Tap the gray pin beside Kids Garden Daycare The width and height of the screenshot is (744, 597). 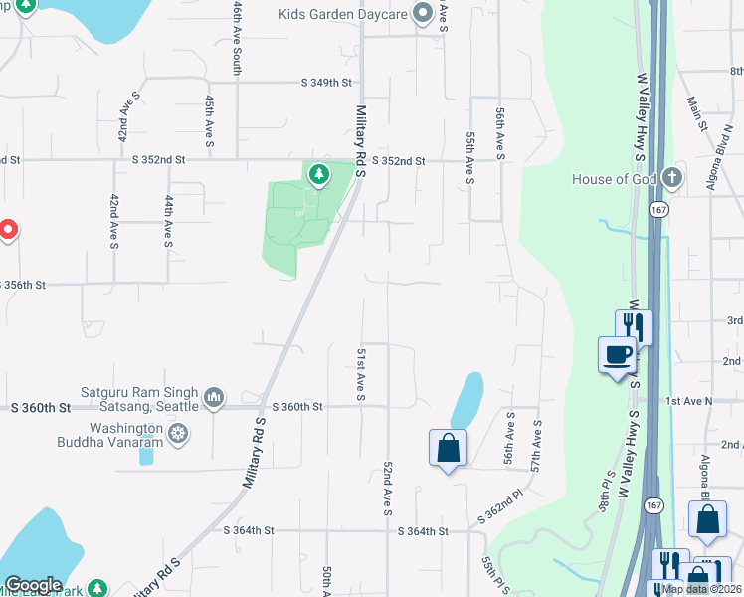[x=423, y=14]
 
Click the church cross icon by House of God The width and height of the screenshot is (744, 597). [x=672, y=178]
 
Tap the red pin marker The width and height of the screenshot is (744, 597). [x=7, y=230]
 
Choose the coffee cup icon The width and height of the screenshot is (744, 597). [x=618, y=353]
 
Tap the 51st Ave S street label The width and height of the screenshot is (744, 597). [x=360, y=375]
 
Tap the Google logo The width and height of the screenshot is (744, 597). [x=33, y=585]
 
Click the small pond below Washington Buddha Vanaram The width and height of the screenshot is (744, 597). [x=147, y=455]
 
